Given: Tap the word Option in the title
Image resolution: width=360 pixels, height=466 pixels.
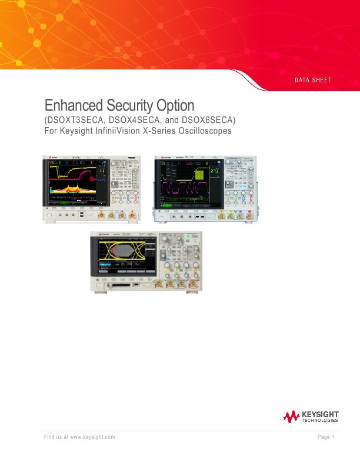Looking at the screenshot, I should pos(175,106).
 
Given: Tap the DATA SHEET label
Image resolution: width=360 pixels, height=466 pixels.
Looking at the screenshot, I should pos(313,79).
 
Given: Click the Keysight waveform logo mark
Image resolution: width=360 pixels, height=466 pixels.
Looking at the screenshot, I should pos(291,417).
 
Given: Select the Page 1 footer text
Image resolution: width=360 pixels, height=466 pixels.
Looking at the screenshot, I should pos(325,437).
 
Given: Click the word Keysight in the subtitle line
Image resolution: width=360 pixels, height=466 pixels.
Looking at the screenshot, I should pos(72,131).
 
